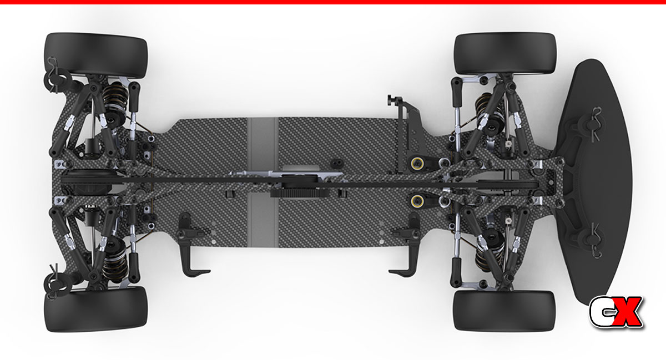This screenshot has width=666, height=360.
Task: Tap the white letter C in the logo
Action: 601,312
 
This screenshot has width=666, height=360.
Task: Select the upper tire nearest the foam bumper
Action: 505,53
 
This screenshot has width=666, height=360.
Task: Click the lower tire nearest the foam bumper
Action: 504,311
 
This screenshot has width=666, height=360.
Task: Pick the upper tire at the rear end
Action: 95,55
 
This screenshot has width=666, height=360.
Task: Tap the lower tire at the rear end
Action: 95,309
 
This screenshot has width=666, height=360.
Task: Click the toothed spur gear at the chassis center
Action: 300,194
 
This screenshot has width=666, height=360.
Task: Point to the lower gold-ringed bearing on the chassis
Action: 417,201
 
